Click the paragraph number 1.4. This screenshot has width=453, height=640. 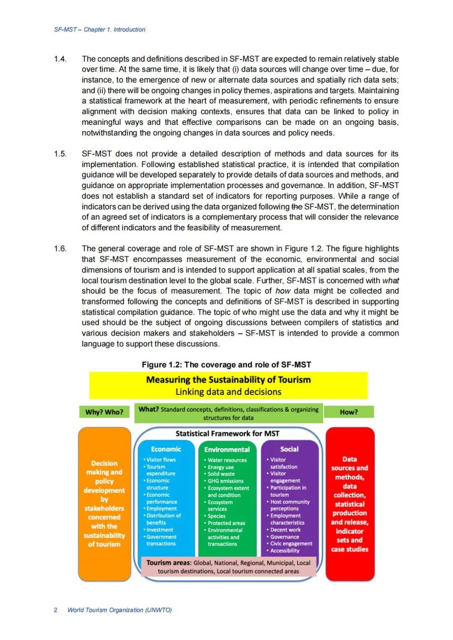pyautogui.click(x=60, y=59)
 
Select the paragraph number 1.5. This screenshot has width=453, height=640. pyautogui.click(x=60, y=154)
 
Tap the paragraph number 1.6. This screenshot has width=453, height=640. pyautogui.click(x=60, y=249)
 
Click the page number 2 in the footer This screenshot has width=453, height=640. pyautogui.click(x=55, y=610)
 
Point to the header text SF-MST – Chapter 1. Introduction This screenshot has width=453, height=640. pyautogui.click(x=100, y=30)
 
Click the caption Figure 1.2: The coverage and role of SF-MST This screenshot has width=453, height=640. pyautogui.click(x=226, y=365)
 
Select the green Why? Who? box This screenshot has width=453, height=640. pyautogui.click(x=104, y=412)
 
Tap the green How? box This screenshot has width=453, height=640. pyautogui.click(x=349, y=412)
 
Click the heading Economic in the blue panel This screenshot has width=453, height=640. pyautogui.click(x=166, y=449)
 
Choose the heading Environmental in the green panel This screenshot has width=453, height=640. pyautogui.click(x=227, y=449)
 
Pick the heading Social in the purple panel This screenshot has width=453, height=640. pyautogui.click(x=289, y=449)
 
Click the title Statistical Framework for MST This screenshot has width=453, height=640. pyautogui.click(x=227, y=434)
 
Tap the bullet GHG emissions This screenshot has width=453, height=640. pyautogui.click(x=226, y=481)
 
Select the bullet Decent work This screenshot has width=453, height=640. pyautogui.click(x=286, y=530)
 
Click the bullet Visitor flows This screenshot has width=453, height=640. pyautogui.click(x=161, y=460)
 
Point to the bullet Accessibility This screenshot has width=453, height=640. pyautogui.click(x=285, y=551)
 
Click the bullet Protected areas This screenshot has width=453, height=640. pyautogui.click(x=226, y=523)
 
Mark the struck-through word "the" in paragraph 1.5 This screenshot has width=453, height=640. pyautogui.click(x=297, y=206)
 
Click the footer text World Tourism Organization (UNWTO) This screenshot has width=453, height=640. pyautogui.click(x=120, y=610)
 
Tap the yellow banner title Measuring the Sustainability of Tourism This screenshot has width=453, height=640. pyautogui.click(x=229, y=380)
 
